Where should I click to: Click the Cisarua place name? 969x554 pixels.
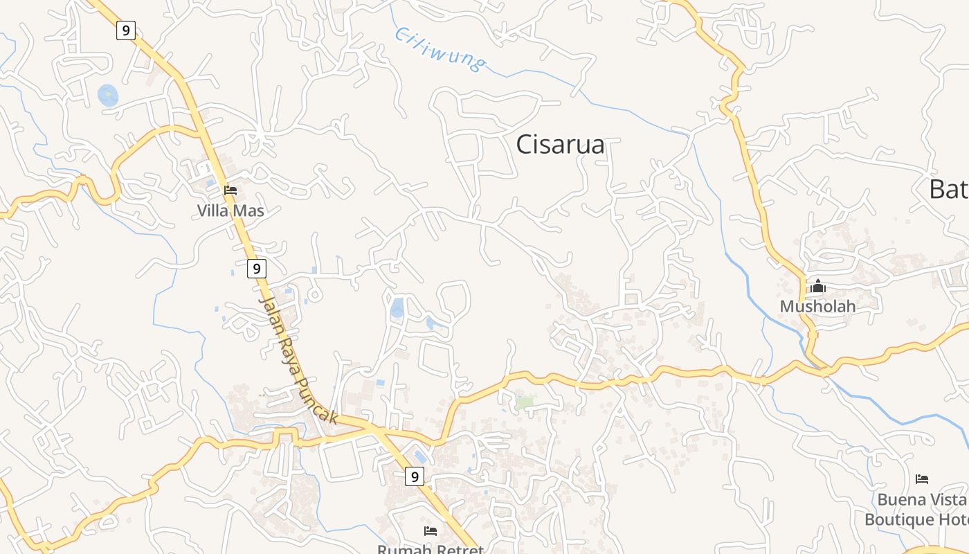pyautogui.click(x=560, y=145)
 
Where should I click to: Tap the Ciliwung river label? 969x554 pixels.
pyautogui.click(x=440, y=49)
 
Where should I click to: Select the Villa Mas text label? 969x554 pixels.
pyautogui.click(x=230, y=211)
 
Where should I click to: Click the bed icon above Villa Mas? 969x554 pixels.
pyautogui.click(x=230, y=190)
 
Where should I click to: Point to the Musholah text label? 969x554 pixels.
pyautogui.click(x=817, y=306)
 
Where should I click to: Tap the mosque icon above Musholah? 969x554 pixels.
pyautogui.click(x=818, y=286)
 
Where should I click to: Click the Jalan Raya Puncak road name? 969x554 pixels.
pyautogui.click(x=297, y=360)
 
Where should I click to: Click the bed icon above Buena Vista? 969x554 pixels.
pyautogui.click(x=922, y=479)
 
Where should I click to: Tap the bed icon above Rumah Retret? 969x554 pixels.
pyautogui.click(x=431, y=531)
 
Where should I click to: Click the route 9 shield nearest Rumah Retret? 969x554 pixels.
pyautogui.click(x=414, y=476)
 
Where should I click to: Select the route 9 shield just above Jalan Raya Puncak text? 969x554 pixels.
pyautogui.click(x=256, y=268)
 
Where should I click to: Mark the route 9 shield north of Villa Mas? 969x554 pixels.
pyautogui.click(x=125, y=30)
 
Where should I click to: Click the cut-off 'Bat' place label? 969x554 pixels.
pyautogui.click(x=948, y=189)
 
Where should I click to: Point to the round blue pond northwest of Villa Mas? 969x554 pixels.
pyautogui.click(x=108, y=96)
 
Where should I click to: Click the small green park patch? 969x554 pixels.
pyautogui.click(x=525, y=402)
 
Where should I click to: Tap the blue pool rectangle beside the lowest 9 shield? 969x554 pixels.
pyautogui.click(x=421, y=456)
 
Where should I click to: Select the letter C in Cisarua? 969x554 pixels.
pyautogui.click(x=525, y=145)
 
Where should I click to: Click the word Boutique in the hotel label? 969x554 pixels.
pyautogui.click(x=899, y=519)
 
